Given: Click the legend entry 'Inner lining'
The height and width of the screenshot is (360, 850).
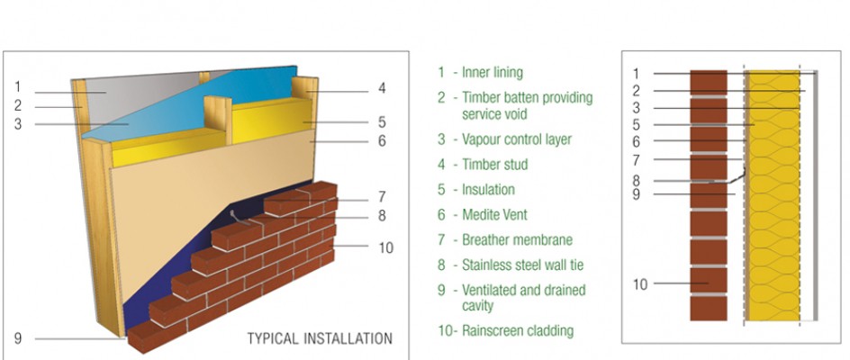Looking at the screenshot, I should pos(492,73).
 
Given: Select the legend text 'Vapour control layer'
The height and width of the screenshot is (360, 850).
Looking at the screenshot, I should pos(516,139).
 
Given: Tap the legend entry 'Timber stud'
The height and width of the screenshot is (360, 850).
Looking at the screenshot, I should pos(494,165).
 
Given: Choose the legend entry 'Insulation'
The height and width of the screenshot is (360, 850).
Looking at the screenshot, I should pos(488,190).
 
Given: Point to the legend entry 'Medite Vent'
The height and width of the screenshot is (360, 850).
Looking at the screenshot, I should pos(496,215).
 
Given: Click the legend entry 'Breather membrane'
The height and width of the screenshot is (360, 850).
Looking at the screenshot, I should pos(517,240).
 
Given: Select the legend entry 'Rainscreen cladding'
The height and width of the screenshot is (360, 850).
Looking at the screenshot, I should pos(517,330).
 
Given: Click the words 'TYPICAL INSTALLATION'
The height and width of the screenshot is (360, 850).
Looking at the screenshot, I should pos(320,339).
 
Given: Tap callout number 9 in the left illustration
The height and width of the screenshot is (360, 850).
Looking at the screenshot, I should pos(18,338).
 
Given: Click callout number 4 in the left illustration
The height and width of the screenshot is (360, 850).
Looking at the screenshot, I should pos(382,88).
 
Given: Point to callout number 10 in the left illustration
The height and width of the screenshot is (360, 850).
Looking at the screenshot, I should pos(386,247).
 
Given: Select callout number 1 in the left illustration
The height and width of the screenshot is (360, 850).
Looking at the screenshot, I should pos(18,87).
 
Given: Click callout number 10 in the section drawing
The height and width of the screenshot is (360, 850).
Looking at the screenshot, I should pos(640,284).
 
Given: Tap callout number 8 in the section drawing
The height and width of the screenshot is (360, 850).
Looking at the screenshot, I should pos(636,180).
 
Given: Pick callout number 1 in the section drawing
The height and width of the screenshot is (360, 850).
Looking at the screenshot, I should pos(636,74).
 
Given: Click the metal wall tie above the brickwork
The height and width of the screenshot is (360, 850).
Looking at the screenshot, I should pos(237,216).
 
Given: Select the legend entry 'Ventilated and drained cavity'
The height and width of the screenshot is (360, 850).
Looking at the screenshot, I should pos(523,298).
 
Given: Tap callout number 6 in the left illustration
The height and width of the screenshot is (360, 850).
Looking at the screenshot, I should pos(382,141).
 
